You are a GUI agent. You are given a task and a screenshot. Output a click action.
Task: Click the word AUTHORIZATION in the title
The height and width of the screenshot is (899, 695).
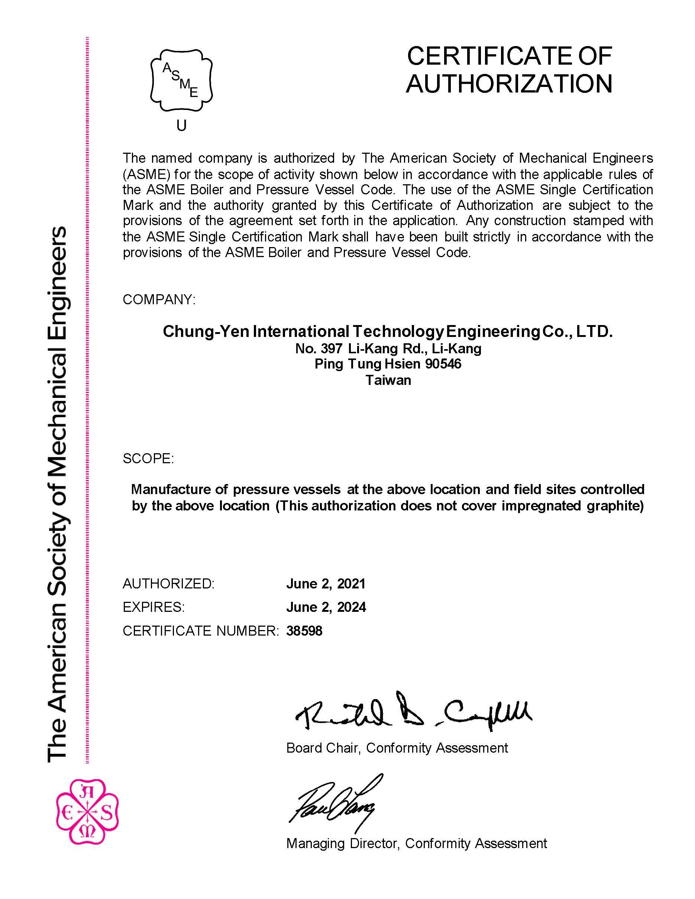point(509,84)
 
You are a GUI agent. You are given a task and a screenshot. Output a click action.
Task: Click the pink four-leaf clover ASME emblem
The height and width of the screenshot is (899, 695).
point(87,811)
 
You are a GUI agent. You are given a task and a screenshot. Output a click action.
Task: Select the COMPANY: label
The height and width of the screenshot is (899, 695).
point(159,300)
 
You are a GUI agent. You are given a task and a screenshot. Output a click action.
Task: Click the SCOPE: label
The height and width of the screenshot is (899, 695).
point(148,458)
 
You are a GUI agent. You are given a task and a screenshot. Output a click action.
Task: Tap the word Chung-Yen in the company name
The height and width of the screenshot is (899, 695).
point(206,331)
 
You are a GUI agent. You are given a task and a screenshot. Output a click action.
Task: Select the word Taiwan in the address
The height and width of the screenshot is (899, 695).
point(388,380)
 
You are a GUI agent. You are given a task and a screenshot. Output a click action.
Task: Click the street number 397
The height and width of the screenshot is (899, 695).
point(332,349)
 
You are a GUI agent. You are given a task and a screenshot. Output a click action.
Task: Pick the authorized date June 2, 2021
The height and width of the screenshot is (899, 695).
point(326,584)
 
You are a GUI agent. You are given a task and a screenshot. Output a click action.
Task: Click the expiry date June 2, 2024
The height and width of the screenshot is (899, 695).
point(326,607)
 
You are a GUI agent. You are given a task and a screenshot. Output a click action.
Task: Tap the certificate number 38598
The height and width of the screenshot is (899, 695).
point(304,631)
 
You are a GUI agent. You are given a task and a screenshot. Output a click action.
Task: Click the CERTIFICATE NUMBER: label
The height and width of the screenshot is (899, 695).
point(201,631)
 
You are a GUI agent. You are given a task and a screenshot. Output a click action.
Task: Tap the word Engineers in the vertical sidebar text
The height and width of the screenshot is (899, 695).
point(56,280)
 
